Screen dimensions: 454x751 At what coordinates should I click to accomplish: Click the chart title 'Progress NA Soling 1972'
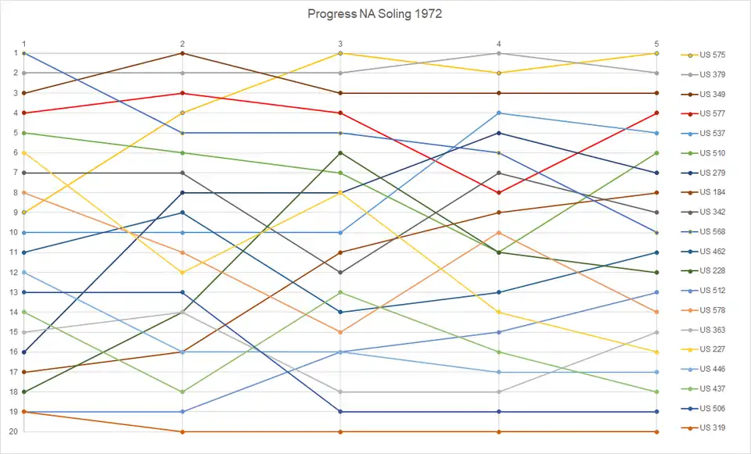tap(375, 14)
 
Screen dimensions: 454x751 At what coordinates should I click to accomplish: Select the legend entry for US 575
tap(712, 55)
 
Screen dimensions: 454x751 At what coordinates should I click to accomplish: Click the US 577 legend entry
tap(712, 113)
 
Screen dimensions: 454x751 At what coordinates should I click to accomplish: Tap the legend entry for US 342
tap(712, 212)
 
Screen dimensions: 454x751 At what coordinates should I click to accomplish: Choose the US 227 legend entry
tap(712, 349)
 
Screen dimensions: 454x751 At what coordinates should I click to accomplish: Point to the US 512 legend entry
tap(712, 290)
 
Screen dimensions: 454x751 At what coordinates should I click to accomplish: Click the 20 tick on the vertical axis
tap(15, 431)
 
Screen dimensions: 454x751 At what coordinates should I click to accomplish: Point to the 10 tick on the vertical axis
tap(15, 233)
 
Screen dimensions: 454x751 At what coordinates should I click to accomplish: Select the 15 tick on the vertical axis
tap(15, 332)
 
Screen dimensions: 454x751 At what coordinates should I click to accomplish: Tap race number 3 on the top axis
tap(340, 44)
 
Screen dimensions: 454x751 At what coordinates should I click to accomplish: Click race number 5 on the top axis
tap(656, 44)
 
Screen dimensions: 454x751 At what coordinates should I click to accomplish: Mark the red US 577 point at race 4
tap(498, 192)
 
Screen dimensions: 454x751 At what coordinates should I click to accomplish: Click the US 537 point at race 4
tap(498, 113)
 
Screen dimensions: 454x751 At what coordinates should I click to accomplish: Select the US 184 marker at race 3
tap(340, 252)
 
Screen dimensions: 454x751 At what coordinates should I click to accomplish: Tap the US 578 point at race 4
tap(498, 233)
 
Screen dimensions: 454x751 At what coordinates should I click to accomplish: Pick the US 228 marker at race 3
tap(340, 153)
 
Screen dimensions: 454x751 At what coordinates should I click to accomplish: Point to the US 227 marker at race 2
tap(182, 273)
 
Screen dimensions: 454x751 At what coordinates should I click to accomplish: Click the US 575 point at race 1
tap(24, 213)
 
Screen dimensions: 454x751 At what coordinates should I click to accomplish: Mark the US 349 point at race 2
tap(182, 53)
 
